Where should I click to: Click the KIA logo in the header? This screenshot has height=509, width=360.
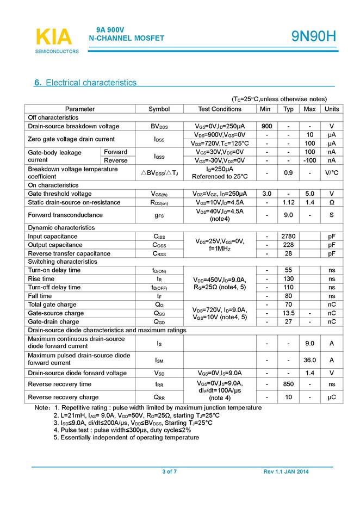pyautogui.click(x=53, y=37)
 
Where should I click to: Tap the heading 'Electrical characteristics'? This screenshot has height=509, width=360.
pyautogui.click(x=91, y=83)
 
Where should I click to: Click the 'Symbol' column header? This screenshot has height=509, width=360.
pyautogui.click(x=159, y=109)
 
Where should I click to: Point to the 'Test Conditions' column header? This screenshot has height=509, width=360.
pyautogui.click(x=220, y=109)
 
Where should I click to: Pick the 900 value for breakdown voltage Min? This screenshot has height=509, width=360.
pyautogui.click(x=266, y=126)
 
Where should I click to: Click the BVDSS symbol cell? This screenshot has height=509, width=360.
pyautogui.click(x=159, y=126)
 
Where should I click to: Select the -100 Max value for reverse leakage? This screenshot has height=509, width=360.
pyautogui.click(x=309, y=160)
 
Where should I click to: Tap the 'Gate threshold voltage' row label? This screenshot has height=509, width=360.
pyautogui.click(x=60, y=194)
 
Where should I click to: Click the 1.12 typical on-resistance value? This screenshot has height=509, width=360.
pyautogui.click(x=288, y=202)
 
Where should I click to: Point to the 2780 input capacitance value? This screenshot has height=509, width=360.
pyautogui.click(x=288, y=237)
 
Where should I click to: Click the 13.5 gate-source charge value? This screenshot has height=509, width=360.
pyautogui.click(x=288, y=313)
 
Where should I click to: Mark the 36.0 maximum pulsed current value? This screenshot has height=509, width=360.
pyautogui.click(x=309, y=359)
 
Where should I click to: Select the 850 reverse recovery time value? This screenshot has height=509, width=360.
pyautogui.click(x=288, y=384)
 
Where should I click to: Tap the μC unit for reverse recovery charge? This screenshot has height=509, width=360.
pyautogui.click(x=332, y=397)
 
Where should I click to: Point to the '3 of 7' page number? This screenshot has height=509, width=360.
pyautogui.click(x=169, y=471)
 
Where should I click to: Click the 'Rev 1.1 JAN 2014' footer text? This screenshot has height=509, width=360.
pyautogui.click(x=285, y=471)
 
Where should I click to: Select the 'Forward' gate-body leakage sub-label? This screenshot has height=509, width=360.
pyautogui.click(x=116, y=152)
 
